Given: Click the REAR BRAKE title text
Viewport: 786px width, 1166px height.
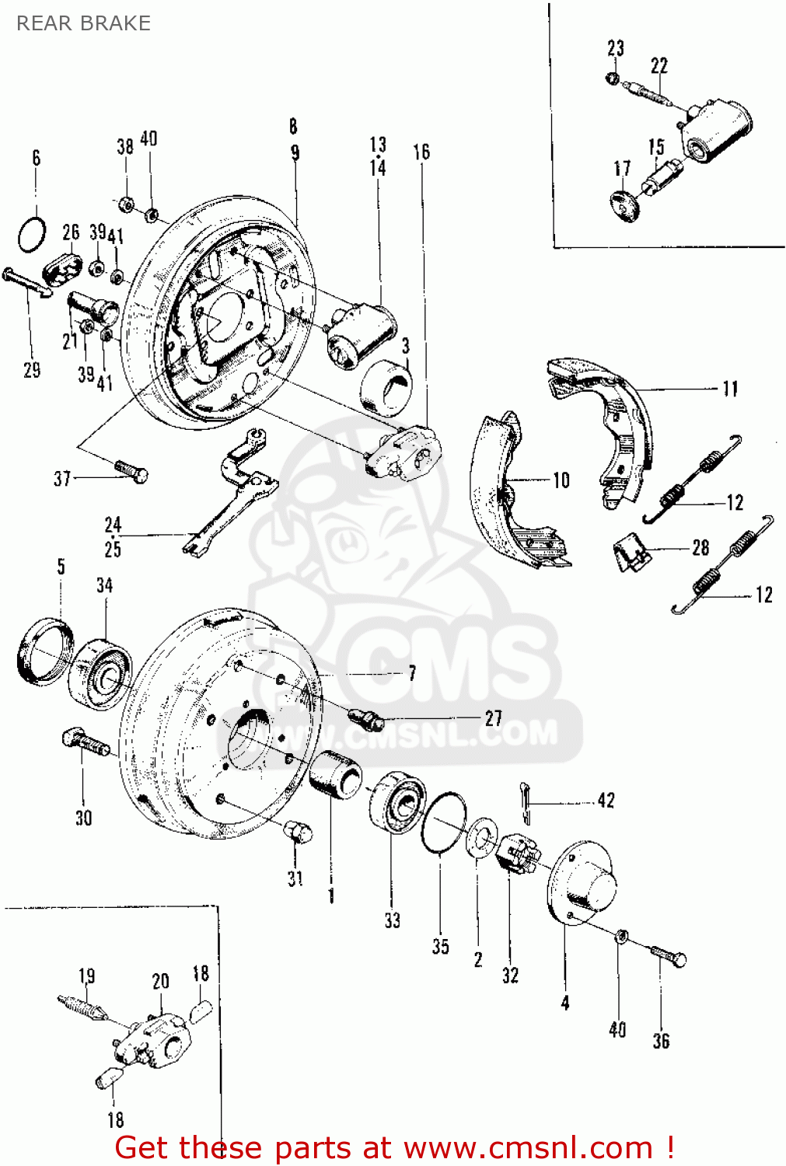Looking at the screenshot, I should (83, 23).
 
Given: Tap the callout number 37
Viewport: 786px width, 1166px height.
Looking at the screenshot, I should (62, 479).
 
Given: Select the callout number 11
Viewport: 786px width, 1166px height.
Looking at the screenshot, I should (729, 389).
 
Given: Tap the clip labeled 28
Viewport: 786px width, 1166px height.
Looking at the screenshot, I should (634, 551).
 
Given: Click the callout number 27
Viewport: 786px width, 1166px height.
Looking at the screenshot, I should (493, 718).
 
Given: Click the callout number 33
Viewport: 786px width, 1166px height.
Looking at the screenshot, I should (393, 920).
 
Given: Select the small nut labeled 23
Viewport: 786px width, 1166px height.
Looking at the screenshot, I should (613, 79).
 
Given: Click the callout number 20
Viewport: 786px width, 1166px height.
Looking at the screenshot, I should (161, 981).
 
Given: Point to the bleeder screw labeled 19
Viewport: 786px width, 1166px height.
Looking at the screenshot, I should (81, 1008).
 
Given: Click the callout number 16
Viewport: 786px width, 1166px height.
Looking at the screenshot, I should (421, 152).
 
